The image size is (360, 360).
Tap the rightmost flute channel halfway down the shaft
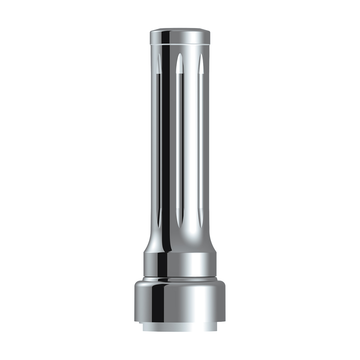pyautogui.click(x=200, y=141)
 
